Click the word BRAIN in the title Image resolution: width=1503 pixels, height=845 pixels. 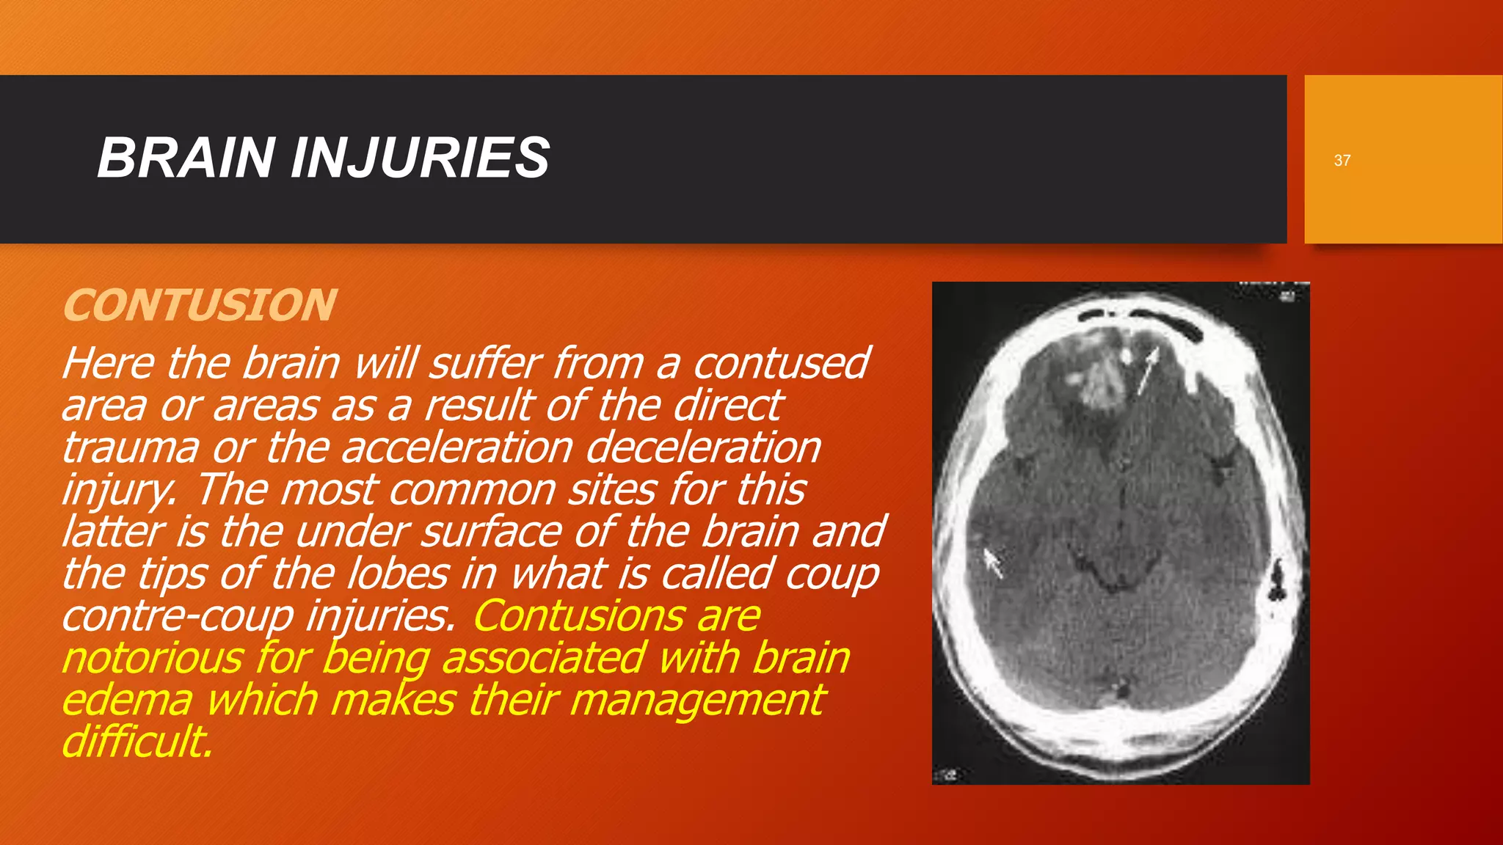tap(186, 158)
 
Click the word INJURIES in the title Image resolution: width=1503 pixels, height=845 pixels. tap(420, 158)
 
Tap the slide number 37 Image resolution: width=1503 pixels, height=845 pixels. tap(1342, 161)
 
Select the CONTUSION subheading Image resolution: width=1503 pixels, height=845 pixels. tap(200, 305)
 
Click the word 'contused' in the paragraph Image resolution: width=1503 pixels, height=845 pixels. tap(781, 363)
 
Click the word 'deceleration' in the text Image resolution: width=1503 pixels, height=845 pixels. tap(703, 447)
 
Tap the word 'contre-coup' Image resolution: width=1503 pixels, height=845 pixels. tap(177, 616)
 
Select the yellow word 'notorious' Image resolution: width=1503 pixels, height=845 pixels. tap(152, 658)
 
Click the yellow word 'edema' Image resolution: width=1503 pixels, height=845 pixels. tap(127, 700)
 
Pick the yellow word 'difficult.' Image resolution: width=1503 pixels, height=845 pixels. tap(137, 742)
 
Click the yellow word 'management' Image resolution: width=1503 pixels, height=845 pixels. tap(697, 700)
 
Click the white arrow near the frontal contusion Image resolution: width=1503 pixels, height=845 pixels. tap(1146, 370)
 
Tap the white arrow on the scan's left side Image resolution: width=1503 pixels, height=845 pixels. tap(991, 561)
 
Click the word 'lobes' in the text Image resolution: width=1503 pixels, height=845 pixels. tap(396, 574)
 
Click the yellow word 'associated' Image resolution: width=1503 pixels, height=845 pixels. tap(544, 658)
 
